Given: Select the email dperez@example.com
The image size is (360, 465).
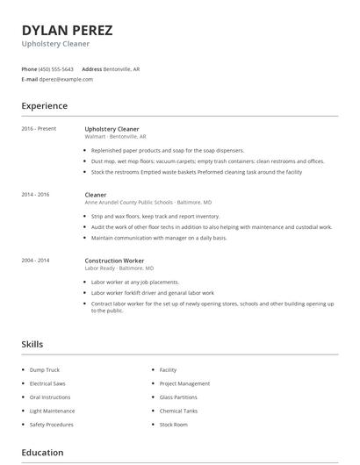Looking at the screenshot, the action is [x=66, y=79].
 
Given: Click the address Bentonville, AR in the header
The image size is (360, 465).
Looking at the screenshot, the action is [x=123, y=68].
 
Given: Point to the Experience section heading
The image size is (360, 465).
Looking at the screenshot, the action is [x=44, y=106].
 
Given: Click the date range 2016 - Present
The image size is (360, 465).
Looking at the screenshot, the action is [x=39, y=129].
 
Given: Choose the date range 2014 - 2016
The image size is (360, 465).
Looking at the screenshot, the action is [x=35, y=195].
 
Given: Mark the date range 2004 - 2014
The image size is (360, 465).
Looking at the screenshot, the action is [x=35, y=261].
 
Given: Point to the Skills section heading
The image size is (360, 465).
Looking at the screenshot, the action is [x=32, y=345].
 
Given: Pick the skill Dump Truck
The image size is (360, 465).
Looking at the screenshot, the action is [x=45, y=370].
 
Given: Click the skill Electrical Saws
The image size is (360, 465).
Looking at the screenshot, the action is [x=48, y=383].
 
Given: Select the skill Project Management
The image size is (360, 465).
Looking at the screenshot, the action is [x=184, y=383].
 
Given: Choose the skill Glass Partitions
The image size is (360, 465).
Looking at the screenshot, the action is [x=178, y=397].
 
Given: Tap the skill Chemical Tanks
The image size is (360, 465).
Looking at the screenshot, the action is [x=178, y=411].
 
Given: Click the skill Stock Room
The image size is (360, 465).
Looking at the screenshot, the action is [x=173, y=425].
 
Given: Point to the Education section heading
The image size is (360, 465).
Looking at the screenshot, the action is [x=42, y=453].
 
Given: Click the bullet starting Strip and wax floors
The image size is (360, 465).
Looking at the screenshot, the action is [x=143, y=216].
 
